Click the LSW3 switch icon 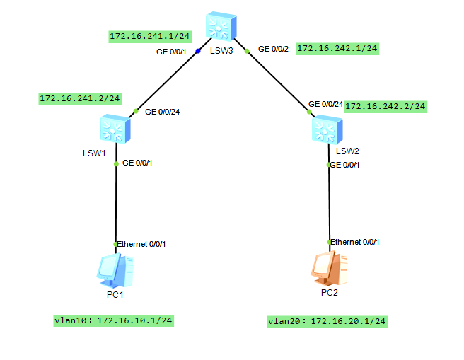pyautogui.click(x=221, y=26)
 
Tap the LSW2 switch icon pyautogui.click(x=327, y=130)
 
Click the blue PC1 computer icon pyautogui.click(x=114, y=269)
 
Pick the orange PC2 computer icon pyautogui.click(x=327, y=269)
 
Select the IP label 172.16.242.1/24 pyautogui.click(x=337, y=49)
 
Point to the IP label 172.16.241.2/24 pyautogui.click(x=80, y=98)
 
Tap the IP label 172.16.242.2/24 pyautogui.click(x=385, y=106)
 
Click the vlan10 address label pyautogui.click(x=113, y=320)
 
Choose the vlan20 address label pyautogui.click(x=327, y=321)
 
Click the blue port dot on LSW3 pyautogui.click(x=198, y=51)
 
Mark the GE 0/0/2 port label pyautogui.click(x=274, y=50)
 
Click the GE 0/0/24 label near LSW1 pyautogui.click(x=162, y=112)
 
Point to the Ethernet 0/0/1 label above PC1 pyautogui.click(x=141, y=244)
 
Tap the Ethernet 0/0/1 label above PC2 pyautogui.click(x=355, y=242)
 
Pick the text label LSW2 pyautogui.click(x=347, y=151)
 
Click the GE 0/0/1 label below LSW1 pyautogui.click(x=137, y=163)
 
